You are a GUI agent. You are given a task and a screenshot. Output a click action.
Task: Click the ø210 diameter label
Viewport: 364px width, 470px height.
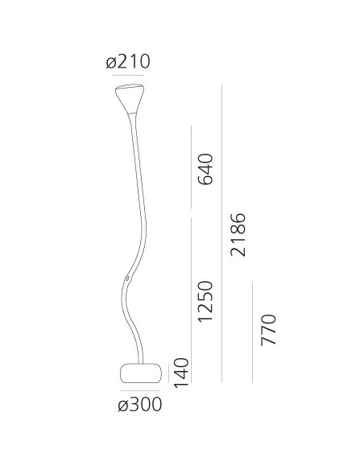pyautogui.click(x=128, y=62)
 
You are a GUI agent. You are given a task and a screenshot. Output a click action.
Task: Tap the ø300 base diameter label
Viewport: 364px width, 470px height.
pyautogui.click(x=139, y=405)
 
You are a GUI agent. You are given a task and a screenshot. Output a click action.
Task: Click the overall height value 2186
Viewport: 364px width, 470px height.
pyautogui.click(x=238, y=234)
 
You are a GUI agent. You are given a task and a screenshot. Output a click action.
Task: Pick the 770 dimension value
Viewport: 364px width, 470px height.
pyautogui.click(x=269, y=331)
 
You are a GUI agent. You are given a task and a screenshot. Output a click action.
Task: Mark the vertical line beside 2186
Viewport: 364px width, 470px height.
pyautogui.click(x=222, y=233)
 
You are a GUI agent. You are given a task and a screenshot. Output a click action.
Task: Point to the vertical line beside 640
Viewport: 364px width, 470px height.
pyautogui.click(x=190, y=168)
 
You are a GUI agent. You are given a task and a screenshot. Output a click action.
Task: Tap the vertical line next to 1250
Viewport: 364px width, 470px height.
pyautogui.click(x=190, y=298)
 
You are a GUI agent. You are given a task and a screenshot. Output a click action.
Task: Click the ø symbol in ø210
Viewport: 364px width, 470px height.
pyautogui.click(x=111, y=62)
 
